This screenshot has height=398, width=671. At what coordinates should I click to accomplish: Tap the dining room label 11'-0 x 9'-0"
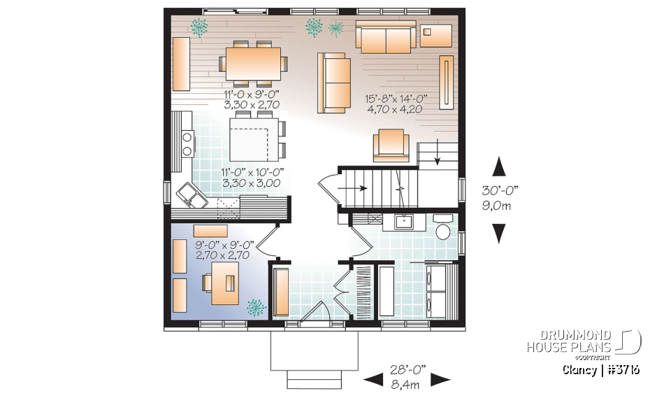[x=252, y=99]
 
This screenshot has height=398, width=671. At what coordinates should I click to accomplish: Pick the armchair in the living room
[x=392, y=145]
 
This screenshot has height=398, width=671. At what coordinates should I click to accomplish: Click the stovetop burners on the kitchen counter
[x=187, y=143]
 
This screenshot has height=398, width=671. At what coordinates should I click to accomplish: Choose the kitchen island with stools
[x=253, y=138]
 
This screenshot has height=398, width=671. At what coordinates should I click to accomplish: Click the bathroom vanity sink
[x=403, y=222]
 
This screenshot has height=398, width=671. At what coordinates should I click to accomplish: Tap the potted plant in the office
[x=257, y=306]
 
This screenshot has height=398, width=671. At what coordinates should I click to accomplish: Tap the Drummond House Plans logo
[x=583, y=343]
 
